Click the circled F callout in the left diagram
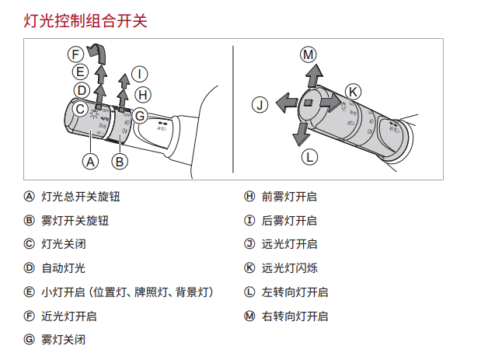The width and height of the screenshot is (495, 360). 75,54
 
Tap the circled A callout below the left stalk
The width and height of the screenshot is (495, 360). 90,162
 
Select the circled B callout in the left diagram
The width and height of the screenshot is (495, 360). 119,162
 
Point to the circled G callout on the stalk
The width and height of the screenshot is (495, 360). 140,116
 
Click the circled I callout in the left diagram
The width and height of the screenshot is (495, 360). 139,75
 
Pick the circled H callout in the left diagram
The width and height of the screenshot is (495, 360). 143,95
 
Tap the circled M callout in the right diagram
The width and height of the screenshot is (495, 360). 309,54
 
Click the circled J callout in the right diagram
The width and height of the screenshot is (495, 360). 260,103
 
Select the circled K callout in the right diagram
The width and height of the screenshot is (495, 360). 353,92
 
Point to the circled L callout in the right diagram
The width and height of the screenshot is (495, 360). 309,156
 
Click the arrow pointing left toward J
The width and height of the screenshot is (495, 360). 286,102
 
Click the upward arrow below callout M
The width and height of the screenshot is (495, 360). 313,75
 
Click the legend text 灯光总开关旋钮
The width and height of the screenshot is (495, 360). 81,197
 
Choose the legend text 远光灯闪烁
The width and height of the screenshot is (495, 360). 290,268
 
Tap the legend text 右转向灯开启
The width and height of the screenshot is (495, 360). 295,316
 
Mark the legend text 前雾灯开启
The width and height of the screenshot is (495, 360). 290,197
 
